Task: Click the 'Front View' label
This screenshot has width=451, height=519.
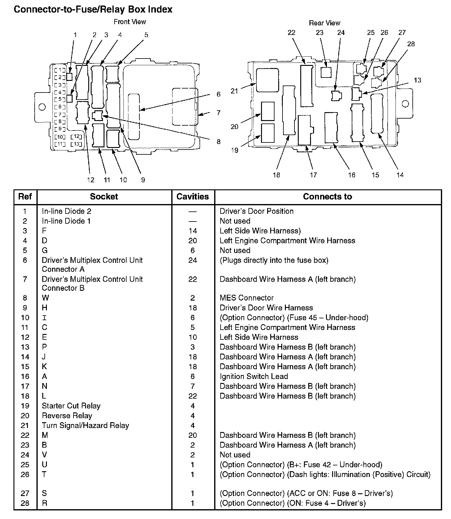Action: (x=130, y=22)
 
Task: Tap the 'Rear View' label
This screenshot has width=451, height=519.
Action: (x=324, y=23)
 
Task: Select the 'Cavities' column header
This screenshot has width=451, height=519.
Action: (x=193, y=197)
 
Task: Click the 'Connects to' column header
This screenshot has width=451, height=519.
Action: (x=327, y=197)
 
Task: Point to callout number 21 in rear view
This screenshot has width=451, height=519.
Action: (x=234, y=91)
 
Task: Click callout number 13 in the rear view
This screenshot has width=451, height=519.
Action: (x=417, y=80)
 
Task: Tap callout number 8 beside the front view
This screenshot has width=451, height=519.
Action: (x=218, y=142)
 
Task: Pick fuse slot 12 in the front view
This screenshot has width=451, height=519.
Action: (x=76, y=136)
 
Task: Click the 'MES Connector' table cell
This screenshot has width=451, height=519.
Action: (x=246, y=298)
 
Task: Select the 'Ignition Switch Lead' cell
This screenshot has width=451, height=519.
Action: (x=254, y=376)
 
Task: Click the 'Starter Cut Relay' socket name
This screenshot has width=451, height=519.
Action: (x=71, y=406)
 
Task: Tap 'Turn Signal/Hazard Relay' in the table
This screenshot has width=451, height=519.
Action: (x=85, y=425)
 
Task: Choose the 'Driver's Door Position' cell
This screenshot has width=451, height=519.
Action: (x=256, y=211)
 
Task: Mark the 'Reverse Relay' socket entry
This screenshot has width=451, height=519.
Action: (x=67, y=415)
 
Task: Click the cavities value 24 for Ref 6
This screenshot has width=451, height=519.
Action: (x=192, y=260)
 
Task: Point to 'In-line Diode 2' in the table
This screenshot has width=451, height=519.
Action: (x=66, y=211)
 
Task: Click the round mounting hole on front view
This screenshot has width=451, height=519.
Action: (x=42, y=107)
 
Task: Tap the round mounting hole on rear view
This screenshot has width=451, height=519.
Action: (x=405, y=103)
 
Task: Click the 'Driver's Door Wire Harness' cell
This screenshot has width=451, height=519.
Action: (x=266, y=308)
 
